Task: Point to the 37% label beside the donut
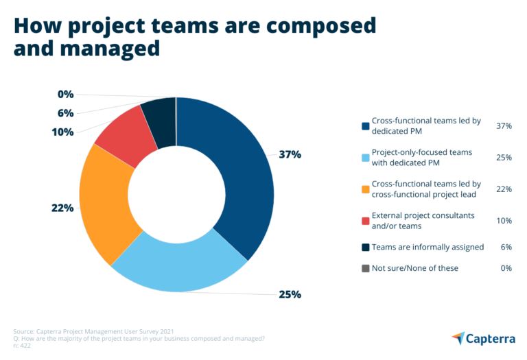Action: pyautogui.click(x=289, y=155)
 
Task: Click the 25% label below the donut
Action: pyautogui.click(x=289, y=295)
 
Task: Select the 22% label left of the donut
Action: pyautogui.click(x=62, y=208)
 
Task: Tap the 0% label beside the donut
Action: pyautogui.click(x=65, y=95)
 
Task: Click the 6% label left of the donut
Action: pyautogui.click(x=65, y=113)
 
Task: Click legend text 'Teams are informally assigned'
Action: pyautogui.click(x=428, y=247)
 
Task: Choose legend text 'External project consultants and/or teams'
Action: pyautogui.click(x=422, y=220)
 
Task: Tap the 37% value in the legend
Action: pyautogui.click(x=504, y=125)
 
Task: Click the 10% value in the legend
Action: pyautogui.click(x=504, y=220)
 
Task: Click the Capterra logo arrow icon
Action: pyautogui.click(x=458, y=338)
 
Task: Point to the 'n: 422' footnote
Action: pyautogui.click(x=22, y=346)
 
